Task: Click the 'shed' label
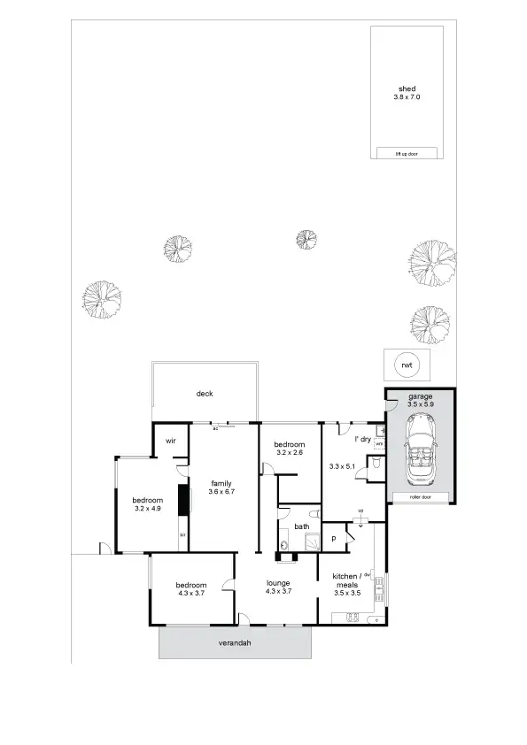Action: pos(407,88)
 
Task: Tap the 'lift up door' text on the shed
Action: pos(407,153)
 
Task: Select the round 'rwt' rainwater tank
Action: pos(407,365)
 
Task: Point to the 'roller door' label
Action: pos(419,498)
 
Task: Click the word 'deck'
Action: pos(205,394)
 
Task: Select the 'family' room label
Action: pos(221,482)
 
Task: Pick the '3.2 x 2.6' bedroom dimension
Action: pos(290,453)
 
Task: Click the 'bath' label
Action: pos(302,526)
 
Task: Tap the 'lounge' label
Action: pos(280,582)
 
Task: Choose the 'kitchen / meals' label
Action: pos(345,580)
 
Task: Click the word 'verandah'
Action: pos(236,643)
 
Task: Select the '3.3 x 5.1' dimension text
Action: pos(341,466)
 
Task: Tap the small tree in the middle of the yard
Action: pos(306,240)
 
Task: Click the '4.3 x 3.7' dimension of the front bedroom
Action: pos(190,594)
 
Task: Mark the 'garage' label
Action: pos(420,396)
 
